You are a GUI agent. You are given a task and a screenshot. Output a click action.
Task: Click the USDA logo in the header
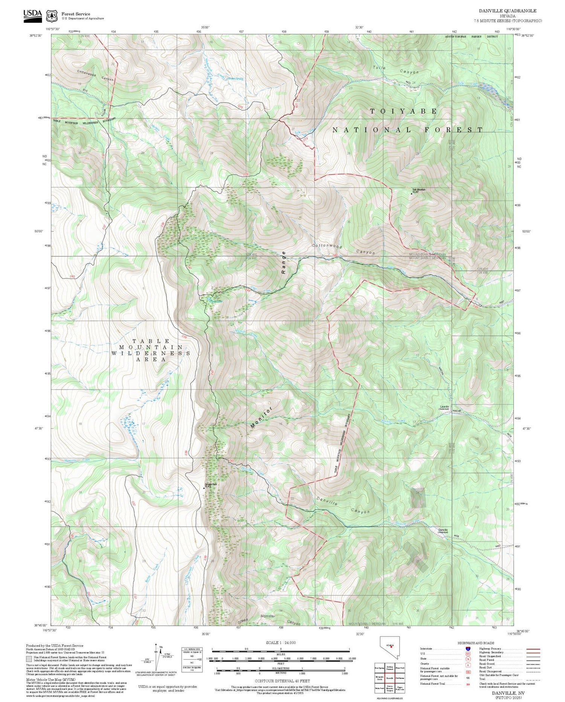tap(33, 15)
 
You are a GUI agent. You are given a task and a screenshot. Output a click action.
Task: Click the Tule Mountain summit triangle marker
tap(411, 193)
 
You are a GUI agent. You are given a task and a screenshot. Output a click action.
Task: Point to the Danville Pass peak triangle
tap(205, 488)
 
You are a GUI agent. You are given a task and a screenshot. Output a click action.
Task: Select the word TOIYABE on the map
tap(403, 111)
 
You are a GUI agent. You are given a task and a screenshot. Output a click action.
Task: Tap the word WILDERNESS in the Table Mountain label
tap(150, 353)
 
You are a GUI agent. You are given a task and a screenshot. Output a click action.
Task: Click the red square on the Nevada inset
tap(391, 646)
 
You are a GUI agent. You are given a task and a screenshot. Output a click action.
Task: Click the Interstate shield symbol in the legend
tap(468, 648)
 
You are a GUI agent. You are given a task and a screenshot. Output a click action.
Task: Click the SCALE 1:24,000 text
tap(281, 642)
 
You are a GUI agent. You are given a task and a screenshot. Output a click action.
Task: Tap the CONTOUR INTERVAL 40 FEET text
tap(282, 681)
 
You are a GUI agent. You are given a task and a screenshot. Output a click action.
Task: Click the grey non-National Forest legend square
tap(29, 659)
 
